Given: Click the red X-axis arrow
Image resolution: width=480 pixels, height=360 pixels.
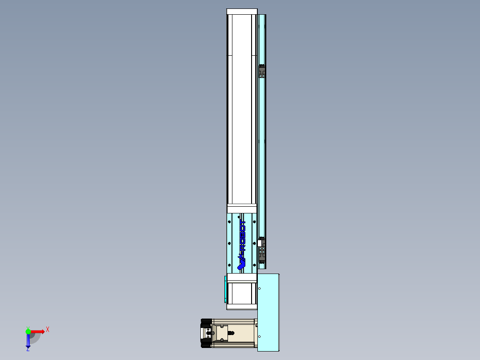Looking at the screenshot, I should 37,331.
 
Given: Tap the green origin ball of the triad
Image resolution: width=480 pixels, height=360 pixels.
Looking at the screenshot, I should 28,331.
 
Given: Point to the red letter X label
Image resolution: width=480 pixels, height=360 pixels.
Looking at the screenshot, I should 48,329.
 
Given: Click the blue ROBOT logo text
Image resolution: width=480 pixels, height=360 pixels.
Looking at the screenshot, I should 243,235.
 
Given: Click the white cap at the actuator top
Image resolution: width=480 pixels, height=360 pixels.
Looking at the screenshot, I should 242,12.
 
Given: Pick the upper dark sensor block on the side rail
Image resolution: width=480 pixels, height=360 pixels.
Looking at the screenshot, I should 262,71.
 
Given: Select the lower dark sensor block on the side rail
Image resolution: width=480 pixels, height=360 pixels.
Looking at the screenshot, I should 263,252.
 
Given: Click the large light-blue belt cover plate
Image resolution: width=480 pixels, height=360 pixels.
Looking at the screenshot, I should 268,312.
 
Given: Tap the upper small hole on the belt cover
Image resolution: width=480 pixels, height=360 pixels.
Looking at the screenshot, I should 260,288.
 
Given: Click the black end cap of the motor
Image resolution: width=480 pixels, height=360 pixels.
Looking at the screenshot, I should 206,333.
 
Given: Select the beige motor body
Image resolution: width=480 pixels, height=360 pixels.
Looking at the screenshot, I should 234,333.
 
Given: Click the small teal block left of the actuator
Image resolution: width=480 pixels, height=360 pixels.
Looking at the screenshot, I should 225,289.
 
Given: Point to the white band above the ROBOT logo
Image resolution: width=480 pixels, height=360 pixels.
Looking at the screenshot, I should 242,209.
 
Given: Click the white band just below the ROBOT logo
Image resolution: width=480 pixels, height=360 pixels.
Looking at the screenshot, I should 242,278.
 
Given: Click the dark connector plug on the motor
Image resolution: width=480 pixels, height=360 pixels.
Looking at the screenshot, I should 231,332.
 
